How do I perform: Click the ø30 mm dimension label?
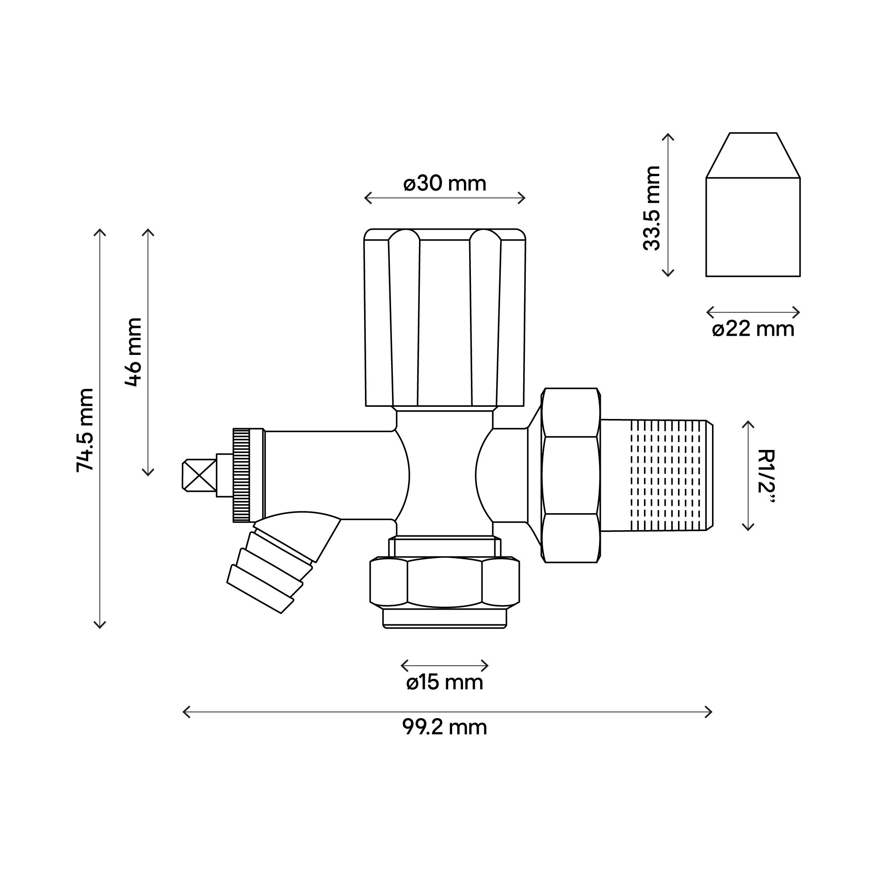coord(445,184)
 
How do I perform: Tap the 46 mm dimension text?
coord(133,352)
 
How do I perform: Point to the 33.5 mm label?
coord(651,208)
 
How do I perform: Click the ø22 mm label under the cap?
coord(753,330)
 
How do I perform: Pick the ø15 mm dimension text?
coord(445,682)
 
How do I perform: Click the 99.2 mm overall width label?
coord(445,728)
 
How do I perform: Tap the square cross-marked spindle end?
coord(198,475)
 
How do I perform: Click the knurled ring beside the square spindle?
coord(241,475)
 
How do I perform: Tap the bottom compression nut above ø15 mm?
coord(444,582)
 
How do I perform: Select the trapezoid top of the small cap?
coord(753,156)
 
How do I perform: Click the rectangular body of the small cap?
coord(753,227)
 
